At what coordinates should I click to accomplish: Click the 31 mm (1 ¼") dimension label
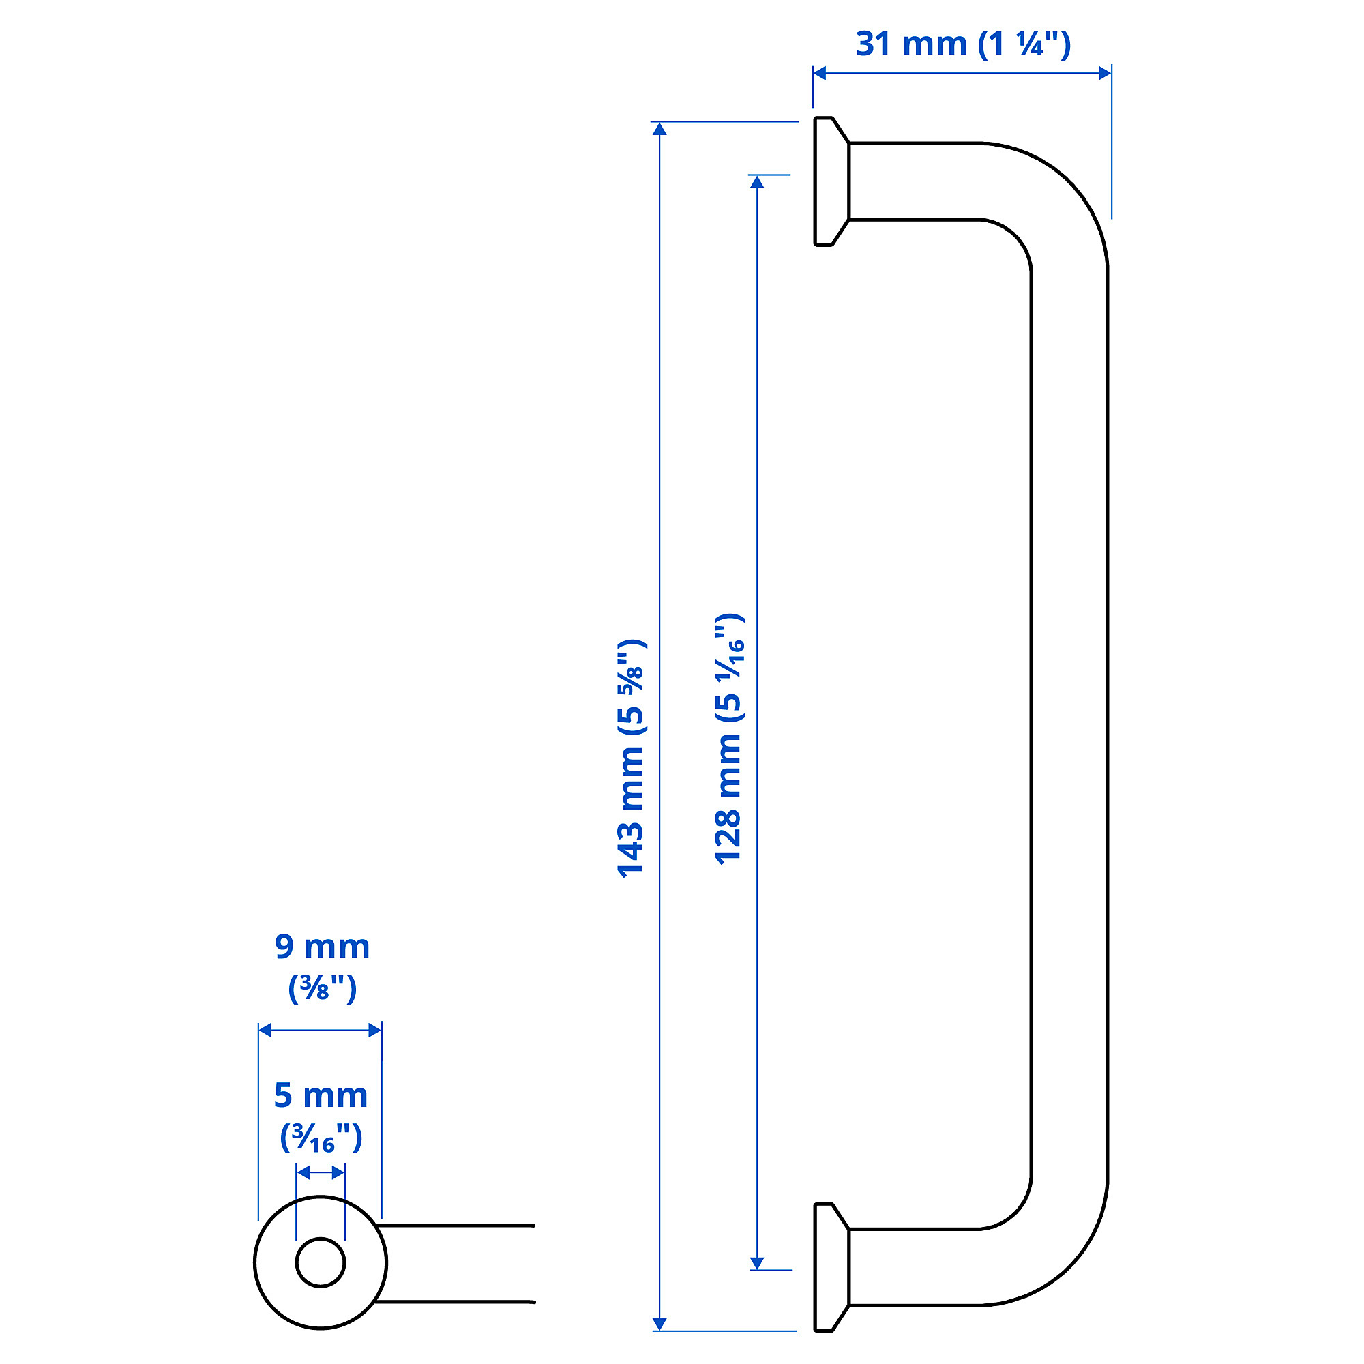[x=962, y=44]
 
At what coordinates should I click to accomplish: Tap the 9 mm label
[x=322, y=947]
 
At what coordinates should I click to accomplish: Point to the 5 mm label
[x=321, y=1095]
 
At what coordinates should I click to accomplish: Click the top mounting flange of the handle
[x=829, y=181]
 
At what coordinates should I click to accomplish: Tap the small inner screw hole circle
[x=321, y=1262]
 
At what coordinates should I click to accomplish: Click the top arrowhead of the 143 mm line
[x=659, y=129]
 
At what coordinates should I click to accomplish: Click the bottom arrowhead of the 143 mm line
[x=659, y=1324]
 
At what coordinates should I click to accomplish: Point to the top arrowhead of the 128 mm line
[x=757, y=182]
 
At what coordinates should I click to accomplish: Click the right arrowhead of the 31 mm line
[x=1105, y=73]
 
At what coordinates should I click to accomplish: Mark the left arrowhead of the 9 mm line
[x=265, y=1030]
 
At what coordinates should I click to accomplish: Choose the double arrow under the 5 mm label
[x=321, y=1172]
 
